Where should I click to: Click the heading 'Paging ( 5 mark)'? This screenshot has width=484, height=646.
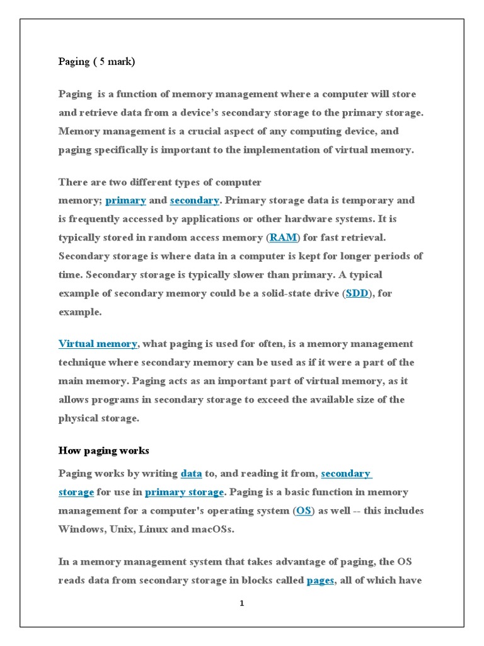[x=96, y=62]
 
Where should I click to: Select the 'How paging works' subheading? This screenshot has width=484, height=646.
[x=103, y=450]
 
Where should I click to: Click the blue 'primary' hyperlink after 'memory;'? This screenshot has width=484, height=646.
[x=126, y=201]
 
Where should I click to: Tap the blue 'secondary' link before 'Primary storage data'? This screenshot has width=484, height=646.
[x=194, y=201]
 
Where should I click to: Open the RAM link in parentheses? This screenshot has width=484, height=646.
[x=283, y=238]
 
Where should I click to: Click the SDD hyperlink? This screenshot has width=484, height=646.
[x=357, y=293]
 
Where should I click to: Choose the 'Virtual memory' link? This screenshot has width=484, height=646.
[x=98, y=344]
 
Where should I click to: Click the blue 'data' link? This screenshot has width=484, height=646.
[x=191, y=473]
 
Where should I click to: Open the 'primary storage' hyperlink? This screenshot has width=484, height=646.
[x=184, y=492]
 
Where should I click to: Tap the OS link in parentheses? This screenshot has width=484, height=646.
[x=304, y=511]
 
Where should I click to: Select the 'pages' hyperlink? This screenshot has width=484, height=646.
[x=320, y=581]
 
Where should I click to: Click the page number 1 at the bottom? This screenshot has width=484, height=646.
[x=241, y=604]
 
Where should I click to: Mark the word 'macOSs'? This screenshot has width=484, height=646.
[x=213, y=529]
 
